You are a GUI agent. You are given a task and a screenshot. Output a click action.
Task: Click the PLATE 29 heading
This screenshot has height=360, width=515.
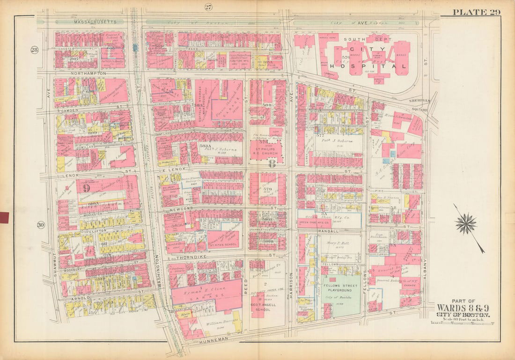(476, 12)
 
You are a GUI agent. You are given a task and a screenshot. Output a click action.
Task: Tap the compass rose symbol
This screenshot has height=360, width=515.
(466, 224)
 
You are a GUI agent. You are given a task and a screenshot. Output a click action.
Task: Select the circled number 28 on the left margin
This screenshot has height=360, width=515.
(35, 50)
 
